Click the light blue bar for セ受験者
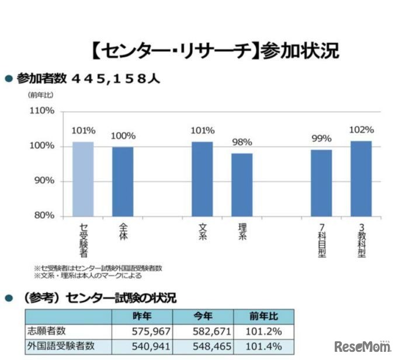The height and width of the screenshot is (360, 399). click(83, 179)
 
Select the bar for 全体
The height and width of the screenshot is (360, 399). click(123, 182)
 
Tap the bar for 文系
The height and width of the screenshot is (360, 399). click(202, 179)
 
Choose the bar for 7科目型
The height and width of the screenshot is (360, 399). click(321, 184)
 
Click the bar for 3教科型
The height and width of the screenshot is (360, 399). click(361, 179)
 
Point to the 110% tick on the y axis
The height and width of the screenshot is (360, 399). click(42, 110)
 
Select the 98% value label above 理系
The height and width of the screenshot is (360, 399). click(242, 142)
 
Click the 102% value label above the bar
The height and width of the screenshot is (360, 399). click(361, 130)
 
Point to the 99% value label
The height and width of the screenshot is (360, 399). click(321, 139)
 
